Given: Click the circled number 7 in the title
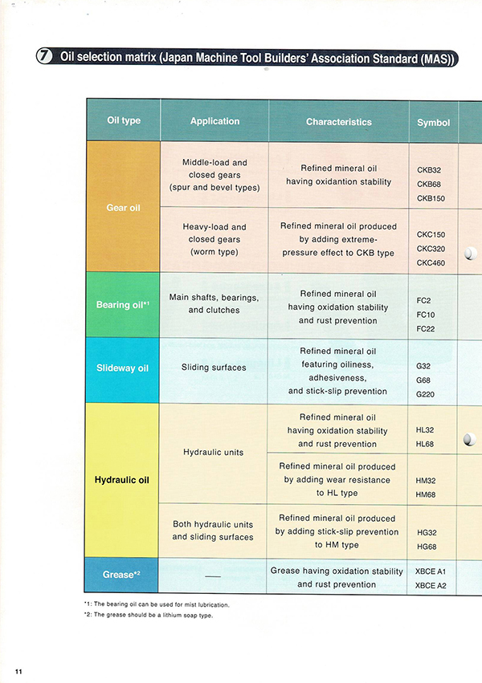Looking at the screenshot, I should click(45, 57).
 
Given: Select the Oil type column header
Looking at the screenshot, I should click(124, 121).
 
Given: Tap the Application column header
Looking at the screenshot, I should click(214, 121).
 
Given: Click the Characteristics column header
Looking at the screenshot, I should click(338, 122).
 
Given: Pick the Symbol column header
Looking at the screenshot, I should click(433, 123).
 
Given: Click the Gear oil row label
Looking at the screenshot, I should click(123, 208).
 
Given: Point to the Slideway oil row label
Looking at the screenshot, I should click(123, 368).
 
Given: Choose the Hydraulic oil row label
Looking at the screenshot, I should click(123, 481).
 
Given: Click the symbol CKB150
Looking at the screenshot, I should click(431, 198).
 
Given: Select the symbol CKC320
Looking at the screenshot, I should click(431, 249).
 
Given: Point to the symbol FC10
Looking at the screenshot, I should click(426, 315).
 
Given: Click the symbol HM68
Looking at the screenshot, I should click(427, 494).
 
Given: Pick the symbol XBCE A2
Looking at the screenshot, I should click(431, 586).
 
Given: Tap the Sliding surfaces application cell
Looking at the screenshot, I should click(214, 368).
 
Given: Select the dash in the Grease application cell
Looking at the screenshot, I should click(213, 576).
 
